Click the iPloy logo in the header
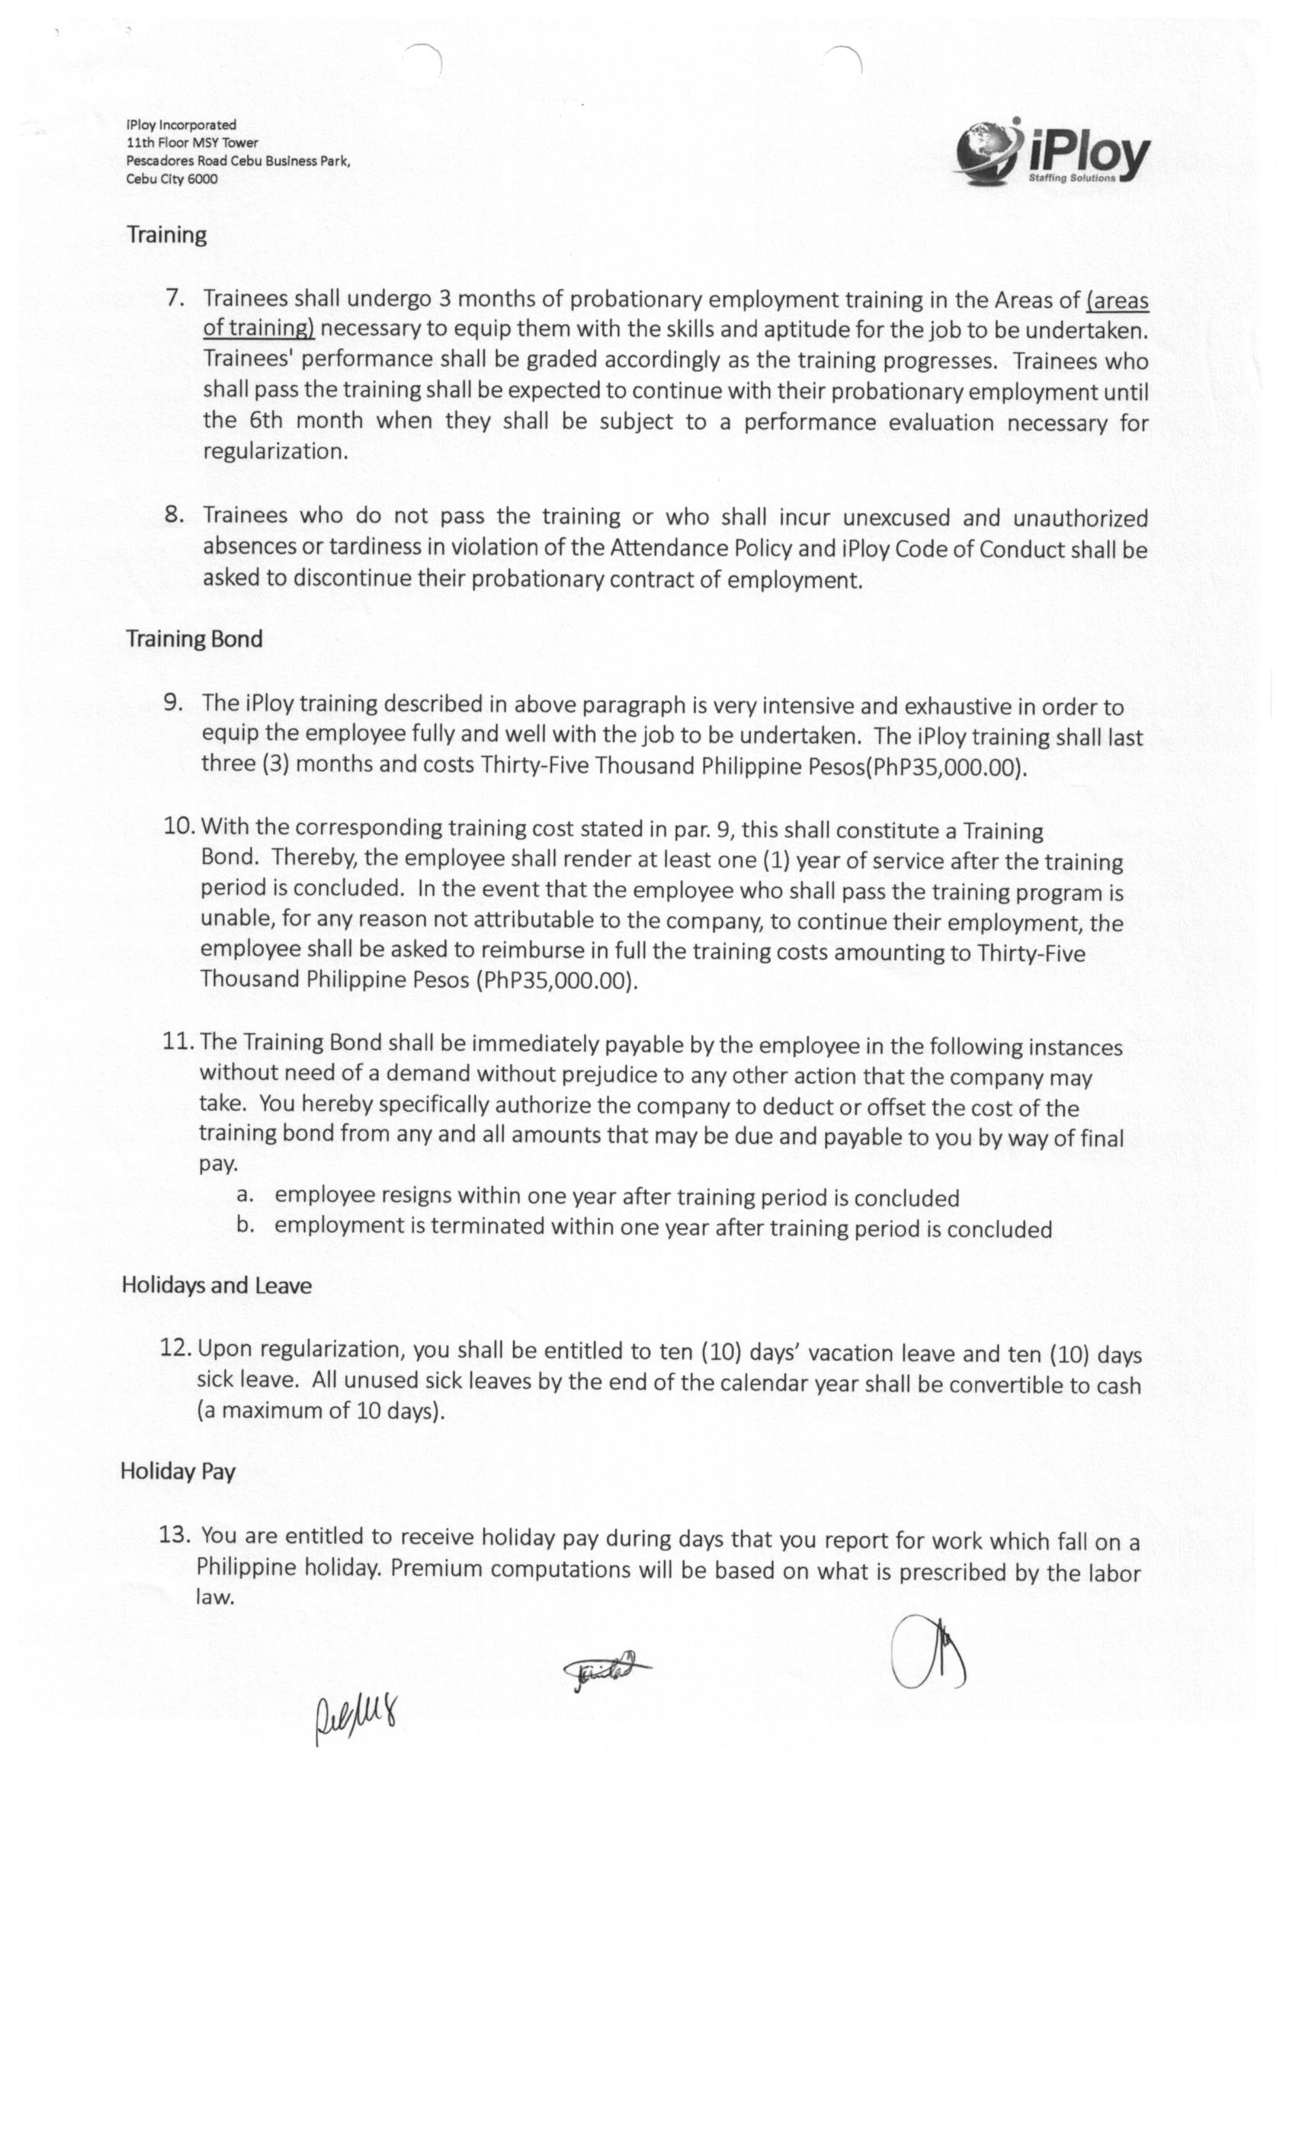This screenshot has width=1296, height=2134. click(x=1053, y=152)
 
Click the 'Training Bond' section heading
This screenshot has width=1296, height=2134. click(x=194, y=639)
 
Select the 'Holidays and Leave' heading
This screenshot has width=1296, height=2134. click(x=216, y=1284)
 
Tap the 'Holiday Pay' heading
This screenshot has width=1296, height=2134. click(x=178, y=1471)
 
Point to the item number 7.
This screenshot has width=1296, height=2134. click(x=176, y=298)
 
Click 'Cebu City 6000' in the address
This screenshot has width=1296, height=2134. click(x=172, y=179)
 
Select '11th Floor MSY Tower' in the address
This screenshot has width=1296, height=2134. click(x=191, y=143)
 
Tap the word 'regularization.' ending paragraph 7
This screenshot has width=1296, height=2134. click(x=275, y=451)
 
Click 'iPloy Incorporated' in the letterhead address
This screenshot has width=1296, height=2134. click(x=181, y=125)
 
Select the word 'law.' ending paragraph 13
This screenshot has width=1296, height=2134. click(x=215, y=1598)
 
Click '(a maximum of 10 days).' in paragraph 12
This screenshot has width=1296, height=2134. click(x=320, y=1411)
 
